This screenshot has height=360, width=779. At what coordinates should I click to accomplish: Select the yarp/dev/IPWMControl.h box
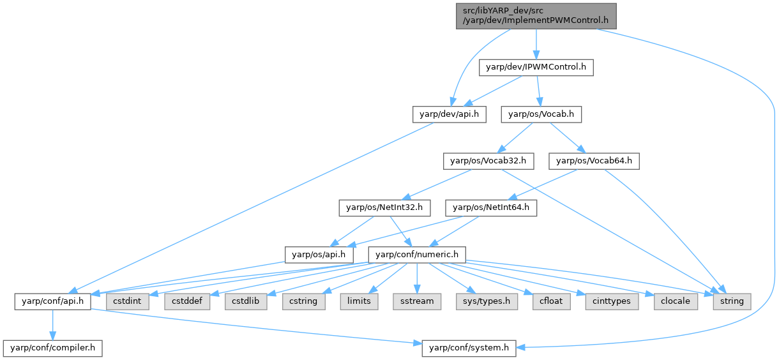point(536,67)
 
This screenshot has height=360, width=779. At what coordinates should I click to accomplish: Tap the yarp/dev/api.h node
point(449,114)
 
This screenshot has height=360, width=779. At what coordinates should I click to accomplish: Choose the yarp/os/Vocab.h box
point(541,114)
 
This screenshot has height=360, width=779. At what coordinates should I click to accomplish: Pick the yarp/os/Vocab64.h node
point(594,161)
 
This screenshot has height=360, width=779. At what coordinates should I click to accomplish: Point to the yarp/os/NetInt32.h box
point(384,207)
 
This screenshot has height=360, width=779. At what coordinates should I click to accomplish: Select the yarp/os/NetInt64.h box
point(492,207)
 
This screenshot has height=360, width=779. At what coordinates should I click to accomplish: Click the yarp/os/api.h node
point(319,254)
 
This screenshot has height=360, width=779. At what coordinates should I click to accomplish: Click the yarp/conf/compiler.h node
point(53,348)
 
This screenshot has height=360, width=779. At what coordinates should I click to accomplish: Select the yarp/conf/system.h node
point(469,348)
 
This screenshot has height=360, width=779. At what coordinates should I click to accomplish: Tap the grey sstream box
point(418,301)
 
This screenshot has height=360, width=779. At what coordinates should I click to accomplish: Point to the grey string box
point(732,301)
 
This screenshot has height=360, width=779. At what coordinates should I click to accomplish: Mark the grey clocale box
point(675,301)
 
